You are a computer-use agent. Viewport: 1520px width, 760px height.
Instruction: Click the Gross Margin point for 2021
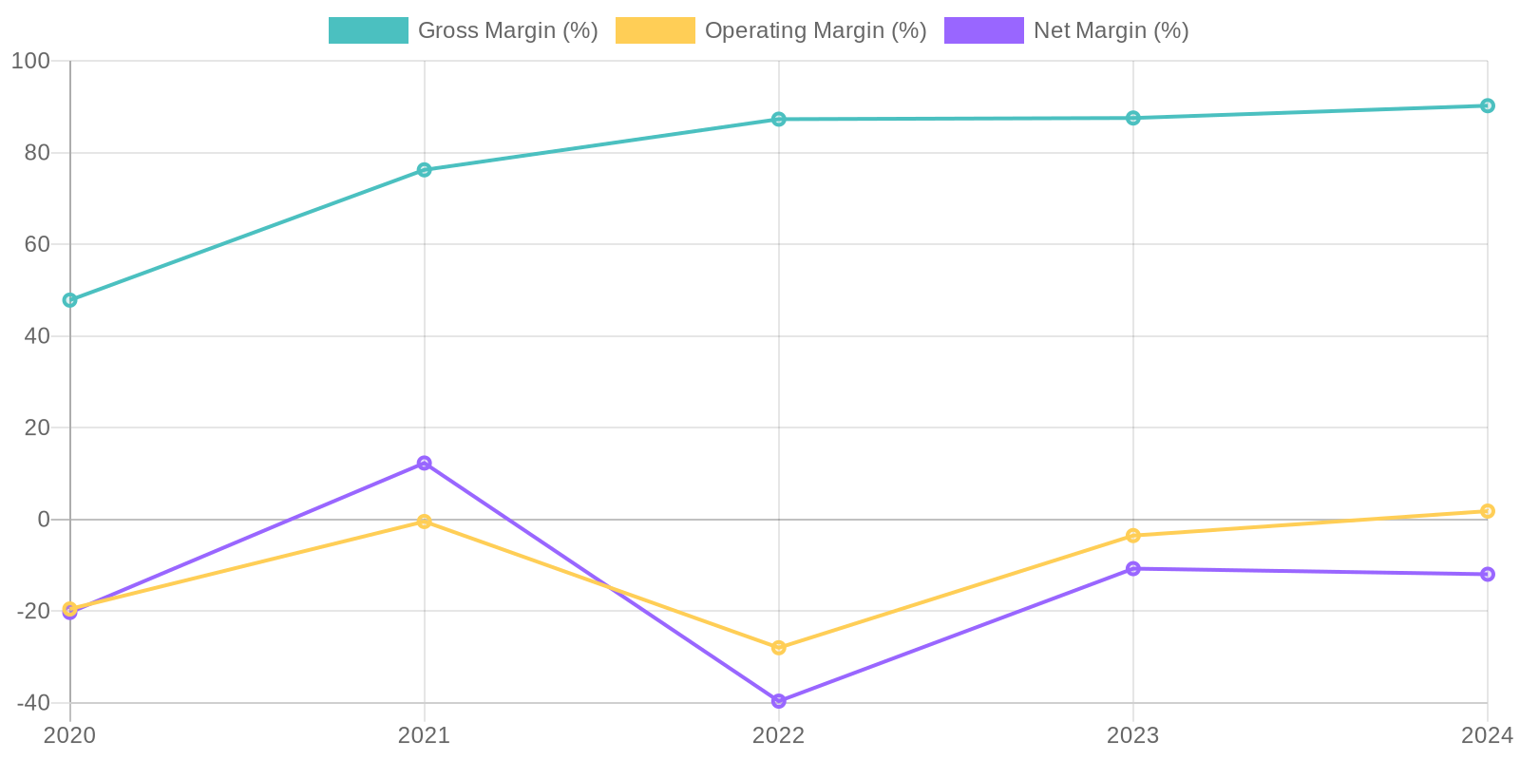click(x=424, y=170)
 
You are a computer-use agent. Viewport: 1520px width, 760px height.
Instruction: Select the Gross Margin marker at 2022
click(x=779, y=119)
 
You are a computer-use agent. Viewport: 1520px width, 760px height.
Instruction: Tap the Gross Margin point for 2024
click(x=1487, y=105)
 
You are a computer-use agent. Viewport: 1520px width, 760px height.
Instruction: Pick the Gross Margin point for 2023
click(x=1133, y=118)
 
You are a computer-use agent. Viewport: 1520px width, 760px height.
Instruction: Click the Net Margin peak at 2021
click(x=424, y=463)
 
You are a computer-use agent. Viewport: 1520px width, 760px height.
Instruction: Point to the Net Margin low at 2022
click(x=779, y=701)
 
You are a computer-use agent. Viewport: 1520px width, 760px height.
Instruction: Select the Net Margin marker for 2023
click(x=1133, y=568)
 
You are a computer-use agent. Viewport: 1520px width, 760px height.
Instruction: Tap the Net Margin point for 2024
click(x=1487, y=574)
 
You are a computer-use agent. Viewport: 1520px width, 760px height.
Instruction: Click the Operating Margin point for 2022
click(x=779, y=648)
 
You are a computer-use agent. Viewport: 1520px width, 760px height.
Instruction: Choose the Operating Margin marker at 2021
click(x=424, y=522)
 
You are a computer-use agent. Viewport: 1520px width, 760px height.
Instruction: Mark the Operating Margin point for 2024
click(x=1487, y=511)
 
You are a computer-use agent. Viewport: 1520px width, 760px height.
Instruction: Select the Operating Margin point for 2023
click(x=1133, y=536)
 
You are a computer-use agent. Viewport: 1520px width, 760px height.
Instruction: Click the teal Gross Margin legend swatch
click(x=369, y=30)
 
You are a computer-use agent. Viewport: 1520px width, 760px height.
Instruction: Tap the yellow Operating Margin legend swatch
click(x=655, y=30)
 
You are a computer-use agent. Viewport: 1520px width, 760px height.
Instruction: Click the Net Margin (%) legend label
click(x=1111, y=30)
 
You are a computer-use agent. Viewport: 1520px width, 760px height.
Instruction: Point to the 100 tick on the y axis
click(x=30, y=61)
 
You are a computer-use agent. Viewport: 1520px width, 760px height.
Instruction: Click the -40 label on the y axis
click(x=33, y=703)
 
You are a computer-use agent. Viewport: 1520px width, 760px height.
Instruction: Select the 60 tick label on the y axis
click(x=36, y=244)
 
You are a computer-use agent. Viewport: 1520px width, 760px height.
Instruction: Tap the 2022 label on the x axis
click(x=779, y=734)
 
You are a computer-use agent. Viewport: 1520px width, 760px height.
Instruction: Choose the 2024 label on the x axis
click(x=1486, y=734)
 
